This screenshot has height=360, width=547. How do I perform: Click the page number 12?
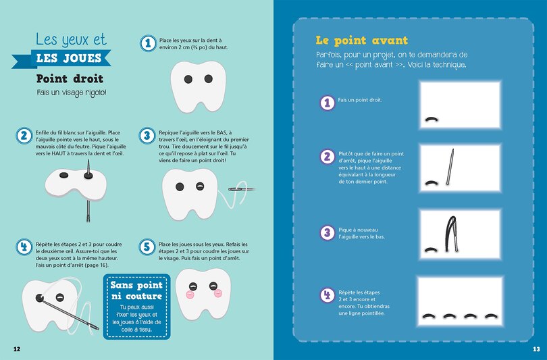coord(17,349)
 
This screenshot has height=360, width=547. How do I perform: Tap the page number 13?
coord(536,349)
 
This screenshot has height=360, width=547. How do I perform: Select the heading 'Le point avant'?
coord(362,41)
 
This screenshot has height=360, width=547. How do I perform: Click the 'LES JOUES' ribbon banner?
coord(61,58)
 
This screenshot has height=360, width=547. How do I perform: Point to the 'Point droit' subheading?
coord(70,78)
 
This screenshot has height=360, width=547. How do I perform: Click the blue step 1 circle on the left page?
coord(149,44)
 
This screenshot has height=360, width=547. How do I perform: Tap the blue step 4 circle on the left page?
coord(24,247)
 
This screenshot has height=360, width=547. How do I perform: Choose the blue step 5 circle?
coord(147,247)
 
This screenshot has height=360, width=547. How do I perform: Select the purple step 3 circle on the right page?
coord(328,232)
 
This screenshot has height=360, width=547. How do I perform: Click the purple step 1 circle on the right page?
coord(328,103)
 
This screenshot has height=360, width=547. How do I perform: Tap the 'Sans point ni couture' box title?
coord(136,290)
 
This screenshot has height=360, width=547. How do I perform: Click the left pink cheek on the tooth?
coord(190,294)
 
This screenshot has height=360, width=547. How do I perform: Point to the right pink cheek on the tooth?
coord(218,293)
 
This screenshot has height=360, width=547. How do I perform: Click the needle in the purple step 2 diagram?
coord(450,167)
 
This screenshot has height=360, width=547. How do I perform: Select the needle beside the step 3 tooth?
coord(241,189)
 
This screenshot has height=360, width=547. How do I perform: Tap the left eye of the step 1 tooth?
coord(188,79)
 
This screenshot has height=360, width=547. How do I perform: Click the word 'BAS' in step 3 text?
coord(222,132)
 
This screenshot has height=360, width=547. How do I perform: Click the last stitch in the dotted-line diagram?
coord(491,316)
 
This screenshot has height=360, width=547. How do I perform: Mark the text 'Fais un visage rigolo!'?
coord(72,93)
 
